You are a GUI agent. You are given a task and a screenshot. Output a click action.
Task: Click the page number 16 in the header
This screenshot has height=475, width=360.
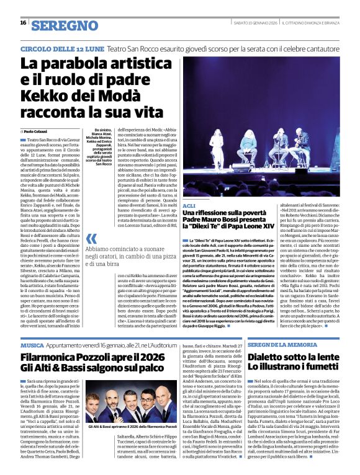tap(22, 22)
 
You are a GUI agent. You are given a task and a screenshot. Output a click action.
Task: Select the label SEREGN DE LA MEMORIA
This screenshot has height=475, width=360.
tap(281, 344)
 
